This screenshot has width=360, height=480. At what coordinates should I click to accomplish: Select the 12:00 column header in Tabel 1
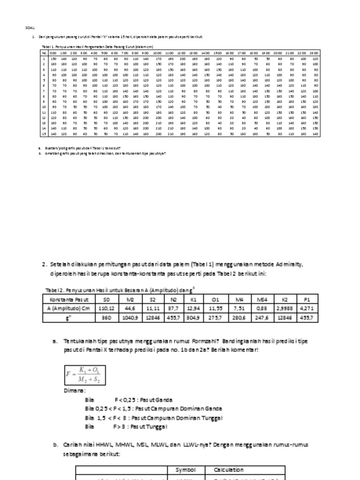click(181, 53)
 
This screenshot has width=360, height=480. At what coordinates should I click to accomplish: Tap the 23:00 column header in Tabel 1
click(314, 53)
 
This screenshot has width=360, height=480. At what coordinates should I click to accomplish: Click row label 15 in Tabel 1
click(44, 134)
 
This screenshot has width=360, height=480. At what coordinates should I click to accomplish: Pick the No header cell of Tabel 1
click(44, 53)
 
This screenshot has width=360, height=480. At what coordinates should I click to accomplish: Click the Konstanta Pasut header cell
click(68, 299)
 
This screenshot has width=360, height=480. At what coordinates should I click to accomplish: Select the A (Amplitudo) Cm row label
click(68, 308)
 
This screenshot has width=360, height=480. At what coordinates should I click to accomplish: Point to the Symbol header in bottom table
click(186, 469)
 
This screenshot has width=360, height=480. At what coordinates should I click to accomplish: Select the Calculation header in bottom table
click(228, 469)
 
